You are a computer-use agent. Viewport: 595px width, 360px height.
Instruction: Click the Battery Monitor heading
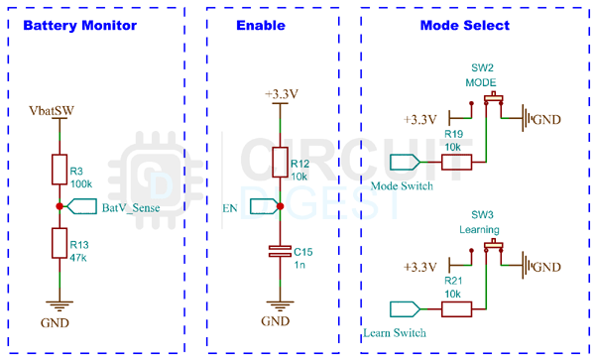pyautogui.click(x=79, y=26)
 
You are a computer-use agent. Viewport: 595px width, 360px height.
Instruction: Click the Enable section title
pyautogui.click(x=261, y=26)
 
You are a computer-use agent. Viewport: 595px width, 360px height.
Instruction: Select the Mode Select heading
pyautogui.click(x=464, y=26)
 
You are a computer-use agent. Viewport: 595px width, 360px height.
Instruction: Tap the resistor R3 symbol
pyautogui.click(x=60, y=172)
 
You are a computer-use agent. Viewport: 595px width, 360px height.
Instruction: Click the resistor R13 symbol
pyautogui.click(x=60, y=244)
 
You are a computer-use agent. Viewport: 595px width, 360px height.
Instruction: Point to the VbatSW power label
pyautogui.click(x=51, y=109)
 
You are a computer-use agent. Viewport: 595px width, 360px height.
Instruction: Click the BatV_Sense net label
pyautogui.click(x=131, y=207)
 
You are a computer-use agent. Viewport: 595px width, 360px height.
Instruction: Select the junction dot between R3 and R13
pyautogui.click(x=60, y=206)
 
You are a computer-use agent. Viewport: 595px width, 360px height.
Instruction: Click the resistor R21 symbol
pyautogui.click(x=455, y=309)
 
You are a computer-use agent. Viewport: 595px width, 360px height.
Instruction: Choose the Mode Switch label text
pyautogui.click(x=401, y=185)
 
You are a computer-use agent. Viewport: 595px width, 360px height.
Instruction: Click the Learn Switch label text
pyautogui.click(x=395, y=332)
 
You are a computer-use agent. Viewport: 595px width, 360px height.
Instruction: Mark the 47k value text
pyautogui.click(x=79, y=257)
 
